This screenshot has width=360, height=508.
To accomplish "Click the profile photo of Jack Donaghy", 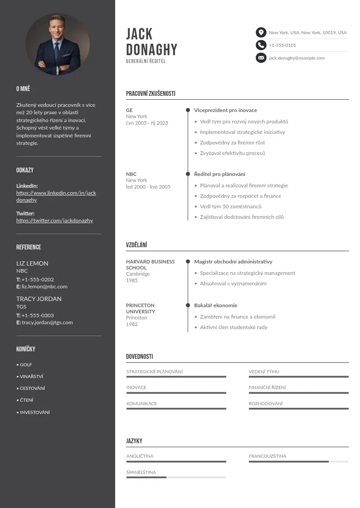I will [58, 44].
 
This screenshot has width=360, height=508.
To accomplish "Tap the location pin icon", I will [261, 32].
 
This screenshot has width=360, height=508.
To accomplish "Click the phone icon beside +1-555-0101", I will [261, 45].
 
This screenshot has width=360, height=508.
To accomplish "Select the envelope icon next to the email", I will [261, 58].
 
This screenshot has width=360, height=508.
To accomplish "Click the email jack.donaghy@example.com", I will [297, 58].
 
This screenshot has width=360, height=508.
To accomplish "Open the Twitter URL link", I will [54, 220].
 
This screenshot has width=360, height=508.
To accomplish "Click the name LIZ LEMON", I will [32, 264].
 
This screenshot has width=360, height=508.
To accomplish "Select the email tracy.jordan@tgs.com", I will [47, 322].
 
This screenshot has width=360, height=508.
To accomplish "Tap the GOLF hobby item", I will [26, 365].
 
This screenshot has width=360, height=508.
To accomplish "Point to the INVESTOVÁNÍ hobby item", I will [34, 412].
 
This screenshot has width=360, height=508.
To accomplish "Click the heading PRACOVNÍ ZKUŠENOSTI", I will [151, 94].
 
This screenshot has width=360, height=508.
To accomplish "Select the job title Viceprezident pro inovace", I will [225, 110].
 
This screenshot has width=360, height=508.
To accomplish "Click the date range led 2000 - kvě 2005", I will [148, 187].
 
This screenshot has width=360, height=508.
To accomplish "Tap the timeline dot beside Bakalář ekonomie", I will [188, 305].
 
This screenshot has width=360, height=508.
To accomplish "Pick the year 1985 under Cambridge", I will [132, 280].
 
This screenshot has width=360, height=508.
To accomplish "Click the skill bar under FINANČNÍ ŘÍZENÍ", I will [298, 393].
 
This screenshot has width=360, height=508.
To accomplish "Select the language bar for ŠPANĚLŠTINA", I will [176, 477].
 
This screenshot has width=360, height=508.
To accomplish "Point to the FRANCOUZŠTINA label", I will [268, 456].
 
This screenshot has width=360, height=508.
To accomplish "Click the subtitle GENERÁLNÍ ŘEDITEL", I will [146, 61].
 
